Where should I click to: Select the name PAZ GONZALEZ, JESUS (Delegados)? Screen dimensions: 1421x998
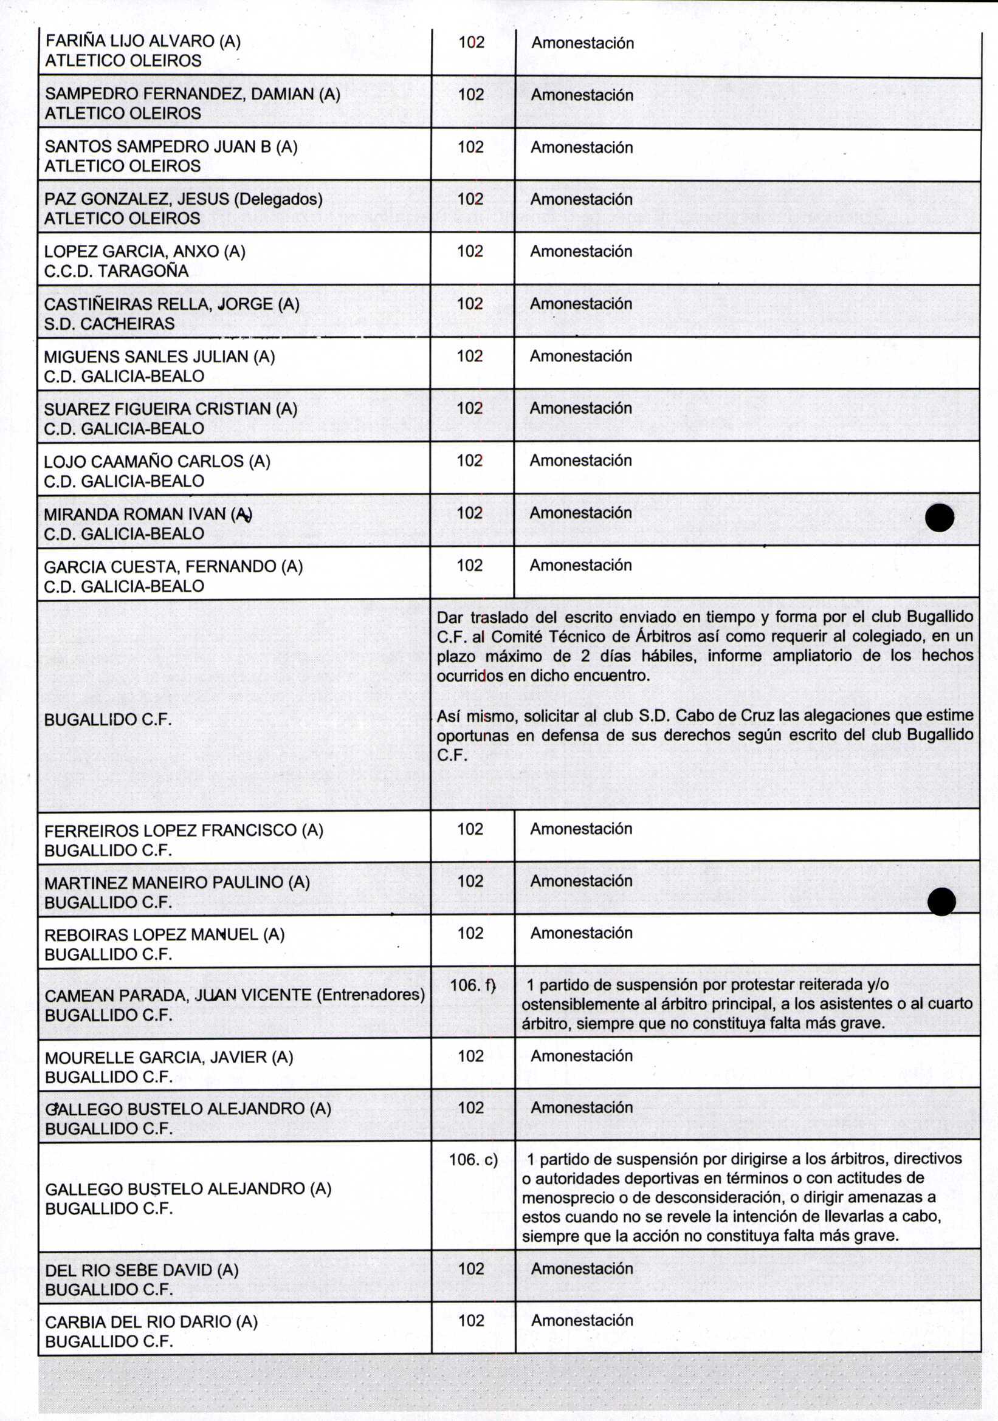pyautogui.click(x=184, y=199)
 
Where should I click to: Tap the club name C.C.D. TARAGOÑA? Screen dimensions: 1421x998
pyautogui.click(x=116, y=271)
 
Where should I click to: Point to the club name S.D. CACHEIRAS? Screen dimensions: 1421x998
pyautogui.click(x=109, y=324)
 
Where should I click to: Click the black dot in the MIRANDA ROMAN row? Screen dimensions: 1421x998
pyautogui.click(x=939, y=518)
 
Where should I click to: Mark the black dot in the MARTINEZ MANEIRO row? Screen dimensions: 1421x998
pyautogui.click(x=941, y=901)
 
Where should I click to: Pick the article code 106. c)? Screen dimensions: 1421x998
pyautogui.click(x=473, y=1159)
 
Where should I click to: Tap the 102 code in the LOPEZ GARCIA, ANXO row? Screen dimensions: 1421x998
pyautogui.click(x=470, y=252)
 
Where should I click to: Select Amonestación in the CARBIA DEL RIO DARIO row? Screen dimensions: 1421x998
pyautogui.click(x=582, y=1321)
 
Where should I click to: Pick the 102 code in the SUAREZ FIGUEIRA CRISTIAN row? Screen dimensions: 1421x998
pyautogui.click(x=470, y=408)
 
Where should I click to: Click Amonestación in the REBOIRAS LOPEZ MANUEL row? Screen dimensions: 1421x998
pyautogui.click(x=581, y=933)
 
